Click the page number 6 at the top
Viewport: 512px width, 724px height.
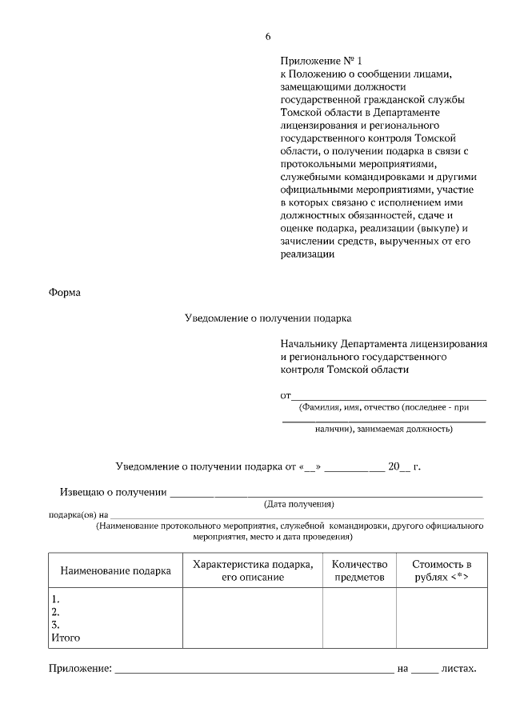tap(268, 38)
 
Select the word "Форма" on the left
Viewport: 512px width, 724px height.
tap(65, 292)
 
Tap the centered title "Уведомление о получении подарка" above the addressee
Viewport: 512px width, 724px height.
tap(268, 318)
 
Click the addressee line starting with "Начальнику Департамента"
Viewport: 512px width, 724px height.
tap(384, 343)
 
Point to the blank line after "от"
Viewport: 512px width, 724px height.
tap(388, 396)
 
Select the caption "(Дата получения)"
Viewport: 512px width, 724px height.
tap(298, 504)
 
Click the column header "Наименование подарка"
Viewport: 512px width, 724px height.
tap(115, 571)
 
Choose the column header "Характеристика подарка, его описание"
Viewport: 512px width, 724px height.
tap(253, 570)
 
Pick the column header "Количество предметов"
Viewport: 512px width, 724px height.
tap(359, 570)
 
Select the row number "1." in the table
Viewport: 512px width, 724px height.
tap(56, 599)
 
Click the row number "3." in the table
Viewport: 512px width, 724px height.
tap(56, 625)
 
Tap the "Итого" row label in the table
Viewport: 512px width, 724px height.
tap(66, 638)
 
